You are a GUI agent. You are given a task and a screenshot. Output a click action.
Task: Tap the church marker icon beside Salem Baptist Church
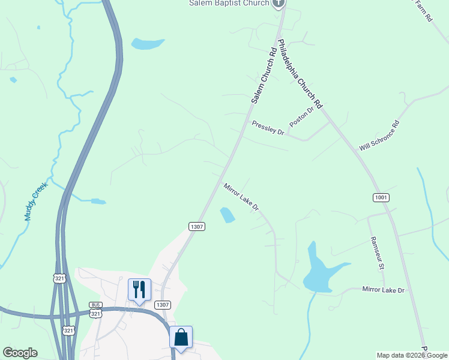pyautogui.click(x=278, y=3)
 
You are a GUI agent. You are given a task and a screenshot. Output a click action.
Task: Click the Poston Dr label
pyautogui.click(x=301, y=116)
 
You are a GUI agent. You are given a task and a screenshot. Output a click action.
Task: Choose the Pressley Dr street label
pyautogui.click(x=268, y=128)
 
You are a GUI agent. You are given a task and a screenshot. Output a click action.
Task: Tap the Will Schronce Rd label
pyautogui.click(x=379, y=136)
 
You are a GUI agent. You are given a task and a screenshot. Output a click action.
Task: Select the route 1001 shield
pyautogui.click(x=381, y=197)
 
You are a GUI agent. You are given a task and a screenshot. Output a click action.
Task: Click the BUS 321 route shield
pyautogui.click(x=96, y=310)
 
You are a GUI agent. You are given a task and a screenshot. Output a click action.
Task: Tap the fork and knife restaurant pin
pyautogui.click(x=139, y=290)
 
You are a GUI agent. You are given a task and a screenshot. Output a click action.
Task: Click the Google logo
pyautogui.click(x=20, y=353)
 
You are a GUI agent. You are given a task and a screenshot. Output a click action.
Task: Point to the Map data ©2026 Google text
pyautogui.click(x=412, y=355)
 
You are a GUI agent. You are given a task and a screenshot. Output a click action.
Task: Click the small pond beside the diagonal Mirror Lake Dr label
pyautogui.click(x=227, y=215)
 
